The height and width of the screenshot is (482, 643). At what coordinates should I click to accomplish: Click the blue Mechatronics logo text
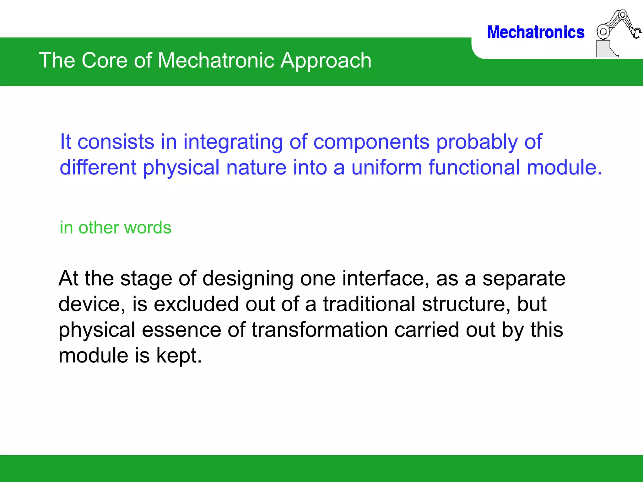coord(535,33)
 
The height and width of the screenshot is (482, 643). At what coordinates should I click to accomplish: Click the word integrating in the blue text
coord(233,142)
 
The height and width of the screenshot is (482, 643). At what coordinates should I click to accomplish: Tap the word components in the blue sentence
coord(371,142)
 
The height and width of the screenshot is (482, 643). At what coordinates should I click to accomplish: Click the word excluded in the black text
coord(196,304)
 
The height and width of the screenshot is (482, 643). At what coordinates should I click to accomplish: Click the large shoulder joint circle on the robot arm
coord(602,32)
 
